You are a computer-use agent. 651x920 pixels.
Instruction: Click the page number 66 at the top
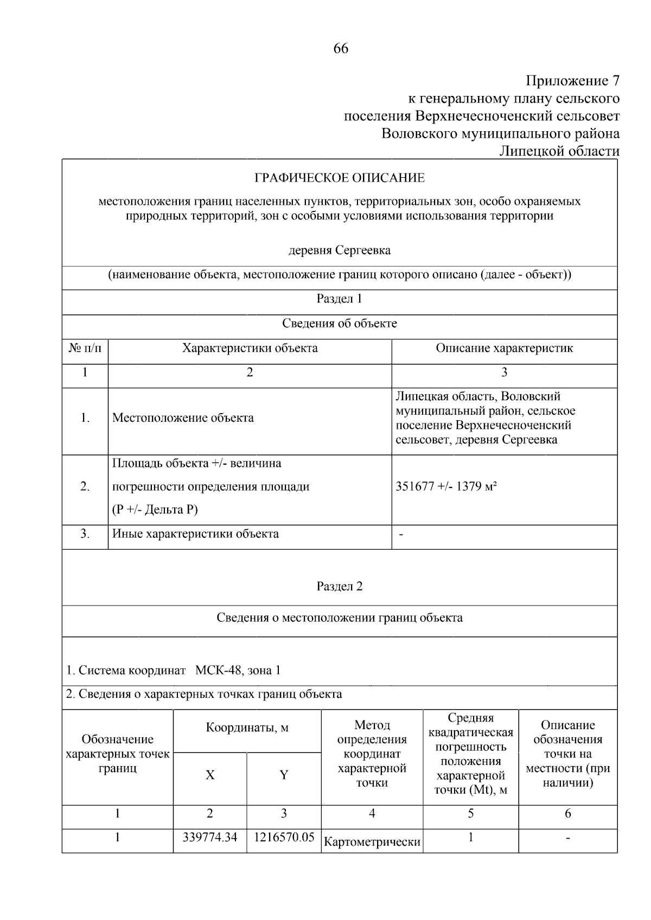coord(341,48)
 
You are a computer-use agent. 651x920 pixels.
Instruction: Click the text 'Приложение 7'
coord(572,81)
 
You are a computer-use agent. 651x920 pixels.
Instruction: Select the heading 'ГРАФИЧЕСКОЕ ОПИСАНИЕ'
coord(340,178)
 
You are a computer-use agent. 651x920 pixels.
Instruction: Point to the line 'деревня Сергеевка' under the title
coord(340,250)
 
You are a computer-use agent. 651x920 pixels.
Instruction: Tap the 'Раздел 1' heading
coord(340,299)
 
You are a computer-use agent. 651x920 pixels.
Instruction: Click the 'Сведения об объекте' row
coord(340,324)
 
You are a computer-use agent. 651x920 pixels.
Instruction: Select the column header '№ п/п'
coord(85,348)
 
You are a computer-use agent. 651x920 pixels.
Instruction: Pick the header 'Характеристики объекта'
coord(250,348)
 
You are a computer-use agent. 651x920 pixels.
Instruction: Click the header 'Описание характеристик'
coord(504,348)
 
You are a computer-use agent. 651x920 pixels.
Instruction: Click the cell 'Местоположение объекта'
coord(183,418)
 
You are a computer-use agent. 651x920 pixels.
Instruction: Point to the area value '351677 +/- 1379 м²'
coord(446,486)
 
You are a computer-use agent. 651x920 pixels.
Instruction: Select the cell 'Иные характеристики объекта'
coord(195,533)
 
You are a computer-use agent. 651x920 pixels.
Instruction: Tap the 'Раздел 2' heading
coord(340,586)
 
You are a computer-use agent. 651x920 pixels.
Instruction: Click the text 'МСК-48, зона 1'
coord(238,670)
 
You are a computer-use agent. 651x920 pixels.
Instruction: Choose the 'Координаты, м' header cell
coord(247,728)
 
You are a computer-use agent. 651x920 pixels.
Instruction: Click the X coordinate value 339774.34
coord(210,837)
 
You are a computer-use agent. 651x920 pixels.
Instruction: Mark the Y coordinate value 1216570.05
coord(284,837)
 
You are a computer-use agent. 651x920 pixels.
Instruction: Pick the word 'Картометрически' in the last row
coord(372,842)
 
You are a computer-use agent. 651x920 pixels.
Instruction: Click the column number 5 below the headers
coord(470,813)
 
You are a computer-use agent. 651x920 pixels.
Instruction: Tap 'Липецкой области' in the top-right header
coord(559,151)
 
